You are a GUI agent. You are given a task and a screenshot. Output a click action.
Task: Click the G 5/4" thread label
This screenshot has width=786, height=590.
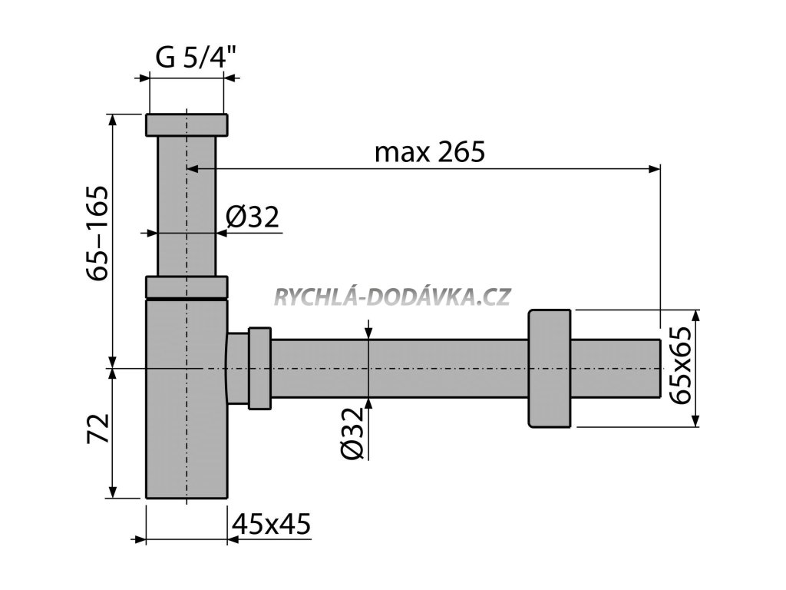point(189,58)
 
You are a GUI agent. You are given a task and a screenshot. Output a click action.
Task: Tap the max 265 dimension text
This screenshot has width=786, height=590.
point(430,152)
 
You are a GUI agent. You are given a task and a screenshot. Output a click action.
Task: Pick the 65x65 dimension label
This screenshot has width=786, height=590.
point(679,367)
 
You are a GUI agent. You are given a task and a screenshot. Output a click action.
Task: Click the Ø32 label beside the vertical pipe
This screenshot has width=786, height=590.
point(252,218)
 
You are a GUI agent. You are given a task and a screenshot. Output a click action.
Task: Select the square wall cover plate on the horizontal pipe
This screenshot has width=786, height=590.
point(550,367)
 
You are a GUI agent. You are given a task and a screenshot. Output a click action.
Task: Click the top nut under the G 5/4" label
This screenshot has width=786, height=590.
point(187,124)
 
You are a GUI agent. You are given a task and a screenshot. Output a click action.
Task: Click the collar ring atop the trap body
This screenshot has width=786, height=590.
point(187,287)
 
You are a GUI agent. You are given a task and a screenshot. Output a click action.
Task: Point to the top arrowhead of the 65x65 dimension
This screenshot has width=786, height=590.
point(695,315)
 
